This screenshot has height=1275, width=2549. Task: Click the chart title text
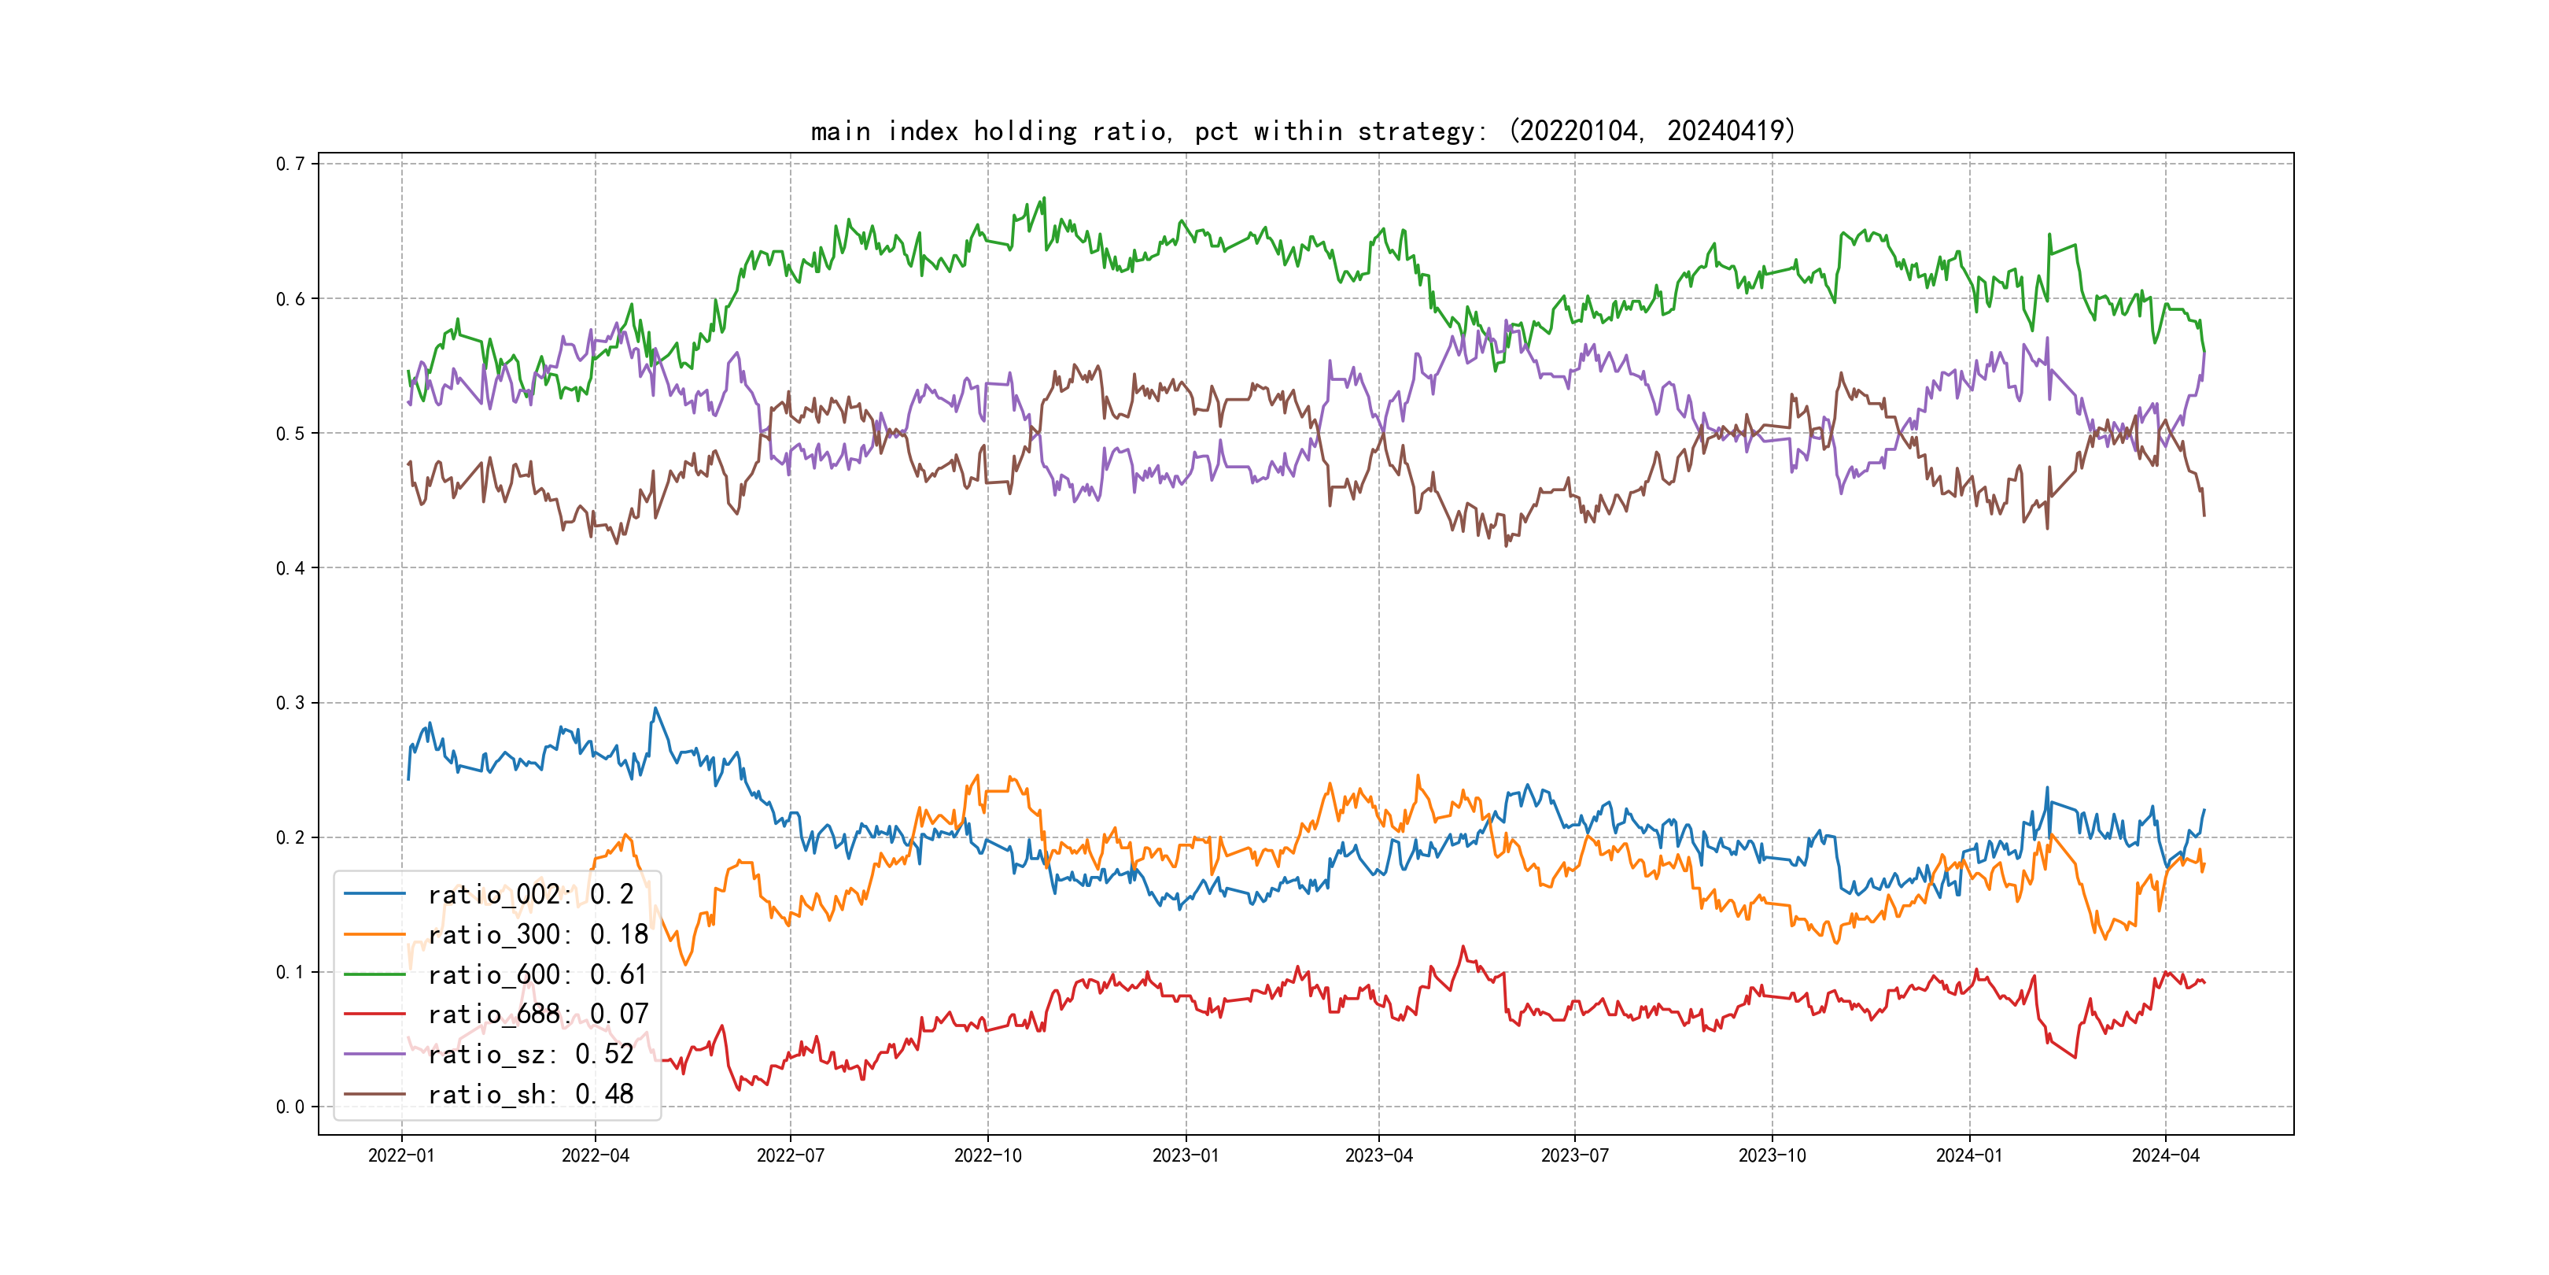click(x=1302, y=131)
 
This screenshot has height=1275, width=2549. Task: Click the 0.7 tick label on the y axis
click(x=290, y=164)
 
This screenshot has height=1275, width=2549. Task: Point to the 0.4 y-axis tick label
click(x=290, y=568)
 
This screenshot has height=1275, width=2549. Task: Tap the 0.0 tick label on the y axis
click(x=290, y=1107)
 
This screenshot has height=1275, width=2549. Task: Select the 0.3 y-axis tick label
click(x=290, y=703)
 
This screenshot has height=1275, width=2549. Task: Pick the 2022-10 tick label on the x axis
click(x=987, y=1155)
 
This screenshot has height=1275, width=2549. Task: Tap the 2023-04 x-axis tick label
click(x=1378, y=1155)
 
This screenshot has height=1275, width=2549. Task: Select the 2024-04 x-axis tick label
click(x=2165, y=1155)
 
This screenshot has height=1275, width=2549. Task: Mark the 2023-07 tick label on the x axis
click(x=1574, y=1155)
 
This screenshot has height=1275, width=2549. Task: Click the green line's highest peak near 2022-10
click(x=1044, y=198)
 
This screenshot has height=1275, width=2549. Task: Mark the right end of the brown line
click(x=2204, y=515)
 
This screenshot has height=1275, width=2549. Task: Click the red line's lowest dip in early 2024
click(x=2075, y=1057)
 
